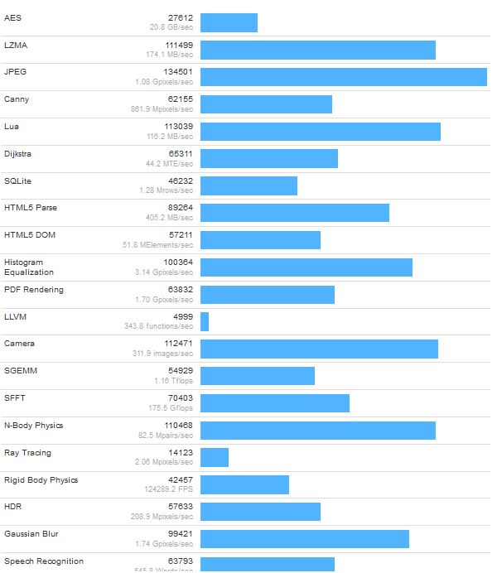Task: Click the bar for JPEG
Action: (343, 77)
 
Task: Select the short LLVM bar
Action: (205, 321)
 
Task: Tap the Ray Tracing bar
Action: (215, 458)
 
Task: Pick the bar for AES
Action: (229, 22)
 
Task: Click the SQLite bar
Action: (249, 185)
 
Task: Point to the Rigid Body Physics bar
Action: (244, 484)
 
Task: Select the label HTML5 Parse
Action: (31, 208)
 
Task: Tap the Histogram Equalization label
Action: (29, 267)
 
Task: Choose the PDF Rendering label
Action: (34, 290)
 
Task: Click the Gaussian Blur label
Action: (31, 534)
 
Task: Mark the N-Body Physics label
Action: (34, 426)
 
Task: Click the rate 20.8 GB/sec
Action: (171, 27)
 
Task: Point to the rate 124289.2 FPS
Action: (168, 490)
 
